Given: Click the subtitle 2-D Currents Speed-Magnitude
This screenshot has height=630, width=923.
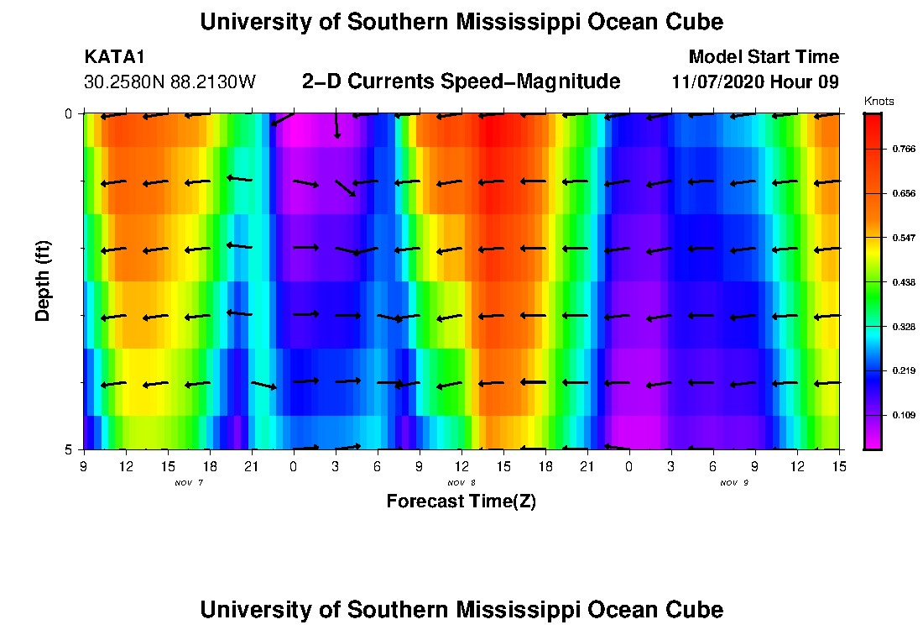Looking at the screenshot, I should [461, 81].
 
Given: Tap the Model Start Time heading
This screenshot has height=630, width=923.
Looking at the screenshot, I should [764, 57].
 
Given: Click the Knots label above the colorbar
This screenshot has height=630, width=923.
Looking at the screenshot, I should [879, 102].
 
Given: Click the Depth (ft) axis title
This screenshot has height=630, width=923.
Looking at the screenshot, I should [43, 281].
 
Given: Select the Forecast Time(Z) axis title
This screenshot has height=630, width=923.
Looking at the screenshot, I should [461, 501].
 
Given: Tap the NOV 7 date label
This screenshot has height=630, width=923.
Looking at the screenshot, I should [188, 483].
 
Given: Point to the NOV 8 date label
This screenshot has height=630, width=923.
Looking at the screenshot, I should [461, 483].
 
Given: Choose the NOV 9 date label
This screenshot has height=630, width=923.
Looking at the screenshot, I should [733, 483].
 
